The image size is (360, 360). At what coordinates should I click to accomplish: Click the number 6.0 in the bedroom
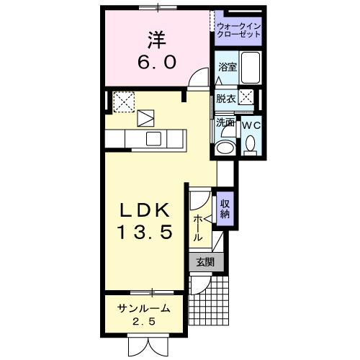(x=158, y=63)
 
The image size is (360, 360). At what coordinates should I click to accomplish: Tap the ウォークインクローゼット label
(x=238, y=30)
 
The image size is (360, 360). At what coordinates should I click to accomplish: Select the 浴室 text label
(x=226, y=66)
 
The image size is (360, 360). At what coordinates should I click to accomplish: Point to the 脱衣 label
(x=225, y=99)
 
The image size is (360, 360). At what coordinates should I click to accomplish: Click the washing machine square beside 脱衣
(x=247, y=97)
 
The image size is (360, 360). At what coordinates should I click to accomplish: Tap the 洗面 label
(x=225, y=122)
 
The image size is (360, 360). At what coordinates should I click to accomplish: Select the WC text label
(x=251, y=124)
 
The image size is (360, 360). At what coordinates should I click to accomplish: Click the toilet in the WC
(x=251, y=146)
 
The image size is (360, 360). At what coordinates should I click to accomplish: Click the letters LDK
(x=144, y=211)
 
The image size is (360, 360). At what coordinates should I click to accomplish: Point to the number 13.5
(x=144, y=233)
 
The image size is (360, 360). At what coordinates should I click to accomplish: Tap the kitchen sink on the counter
(x=154, y=138)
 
